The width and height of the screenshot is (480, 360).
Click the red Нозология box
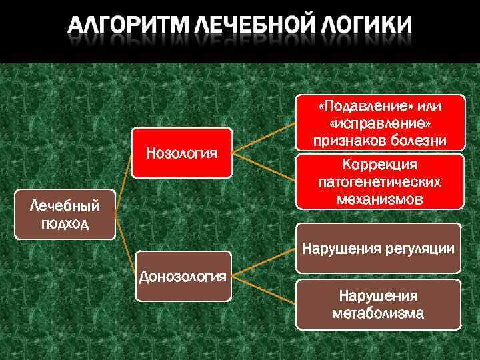(x=181, y=153)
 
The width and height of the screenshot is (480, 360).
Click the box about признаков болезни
(x=378, y=123)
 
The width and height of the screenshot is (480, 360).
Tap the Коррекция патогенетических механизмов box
(x=378, y=181)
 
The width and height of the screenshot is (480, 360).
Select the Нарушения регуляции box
(x=378, y=249)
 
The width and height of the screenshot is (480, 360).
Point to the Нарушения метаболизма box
(x=378, y=304)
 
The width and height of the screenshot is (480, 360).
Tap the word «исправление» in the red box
(x=379, y=124)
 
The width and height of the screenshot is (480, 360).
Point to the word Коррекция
(x=378, y=165)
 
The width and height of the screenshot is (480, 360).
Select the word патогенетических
(x=378, y=181)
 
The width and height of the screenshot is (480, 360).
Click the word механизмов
(x=378, y=198)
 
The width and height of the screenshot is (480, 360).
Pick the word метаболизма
(x=378, y=313)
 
